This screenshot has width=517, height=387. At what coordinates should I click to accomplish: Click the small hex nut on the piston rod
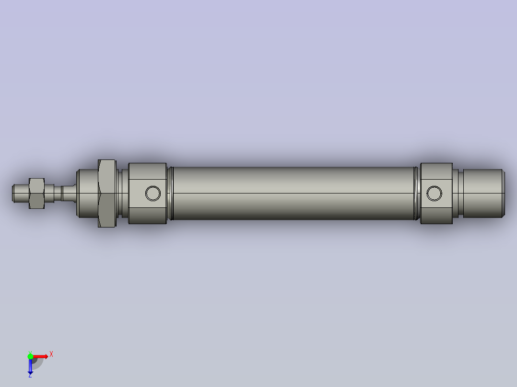click(37, 193)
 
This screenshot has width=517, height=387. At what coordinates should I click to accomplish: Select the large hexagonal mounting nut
click(106, 193)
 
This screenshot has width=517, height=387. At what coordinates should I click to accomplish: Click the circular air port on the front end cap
click(153, 193)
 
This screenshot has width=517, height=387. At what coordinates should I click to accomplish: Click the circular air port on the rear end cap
click(435, 193)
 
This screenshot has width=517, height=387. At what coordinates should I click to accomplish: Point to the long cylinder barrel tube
click(293, 193)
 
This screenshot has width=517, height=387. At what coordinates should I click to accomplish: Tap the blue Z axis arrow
click(30, 366)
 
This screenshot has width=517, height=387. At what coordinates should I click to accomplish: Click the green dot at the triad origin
click(30, 356)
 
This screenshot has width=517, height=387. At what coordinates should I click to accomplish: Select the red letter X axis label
click(51, 354)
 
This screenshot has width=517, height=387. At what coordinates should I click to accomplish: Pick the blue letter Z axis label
click(30, 376)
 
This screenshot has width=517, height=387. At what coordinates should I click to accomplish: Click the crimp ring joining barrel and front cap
click(170, 193)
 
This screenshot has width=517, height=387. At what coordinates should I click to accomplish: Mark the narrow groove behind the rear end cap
click(456, 193)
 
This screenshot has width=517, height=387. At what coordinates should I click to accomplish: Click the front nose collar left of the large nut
click(87, 193)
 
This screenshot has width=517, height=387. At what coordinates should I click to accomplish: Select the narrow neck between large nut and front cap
click(123, 193)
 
